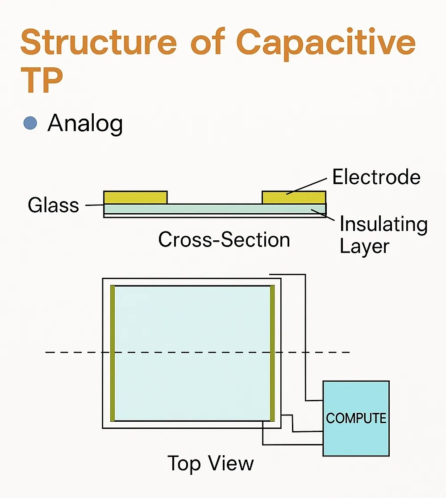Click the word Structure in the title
99,42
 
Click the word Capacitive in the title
326,44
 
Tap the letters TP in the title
42,80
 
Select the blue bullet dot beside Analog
30,123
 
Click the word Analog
85,124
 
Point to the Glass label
54,205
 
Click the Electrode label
376,177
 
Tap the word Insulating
383,224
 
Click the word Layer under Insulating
365,246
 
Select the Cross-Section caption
224,239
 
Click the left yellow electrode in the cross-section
136,198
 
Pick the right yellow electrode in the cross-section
294,198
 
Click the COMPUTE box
356,419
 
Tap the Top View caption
211,463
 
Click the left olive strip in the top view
113,353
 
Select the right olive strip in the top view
272,353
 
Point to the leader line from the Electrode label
307,186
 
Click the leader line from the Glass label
95,205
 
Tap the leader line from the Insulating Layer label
323,215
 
